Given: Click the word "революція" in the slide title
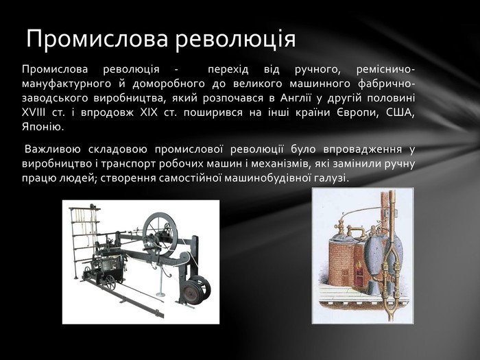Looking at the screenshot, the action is (x=235, y=39).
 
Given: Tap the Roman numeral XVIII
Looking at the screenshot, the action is (x=34, y=112).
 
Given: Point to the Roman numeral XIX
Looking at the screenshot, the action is (x=149, y=112).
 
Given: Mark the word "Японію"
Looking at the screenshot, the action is (x=43, y=127).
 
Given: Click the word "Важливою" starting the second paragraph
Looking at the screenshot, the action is (x=53, y=149).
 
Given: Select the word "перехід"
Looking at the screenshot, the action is (x=228, y=70).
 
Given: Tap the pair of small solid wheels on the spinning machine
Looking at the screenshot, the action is (x=196, y=288).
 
